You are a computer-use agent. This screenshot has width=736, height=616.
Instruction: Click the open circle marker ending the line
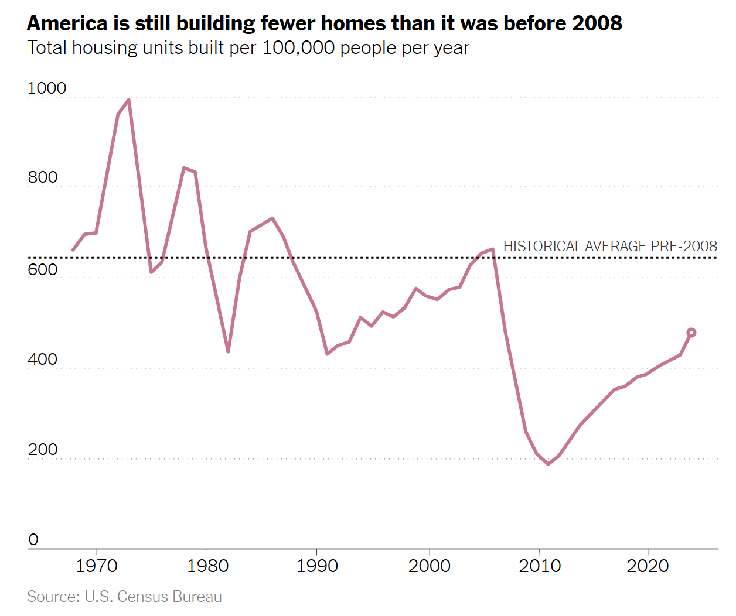point(691,333)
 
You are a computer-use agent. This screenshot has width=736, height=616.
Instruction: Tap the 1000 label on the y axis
point(47,88)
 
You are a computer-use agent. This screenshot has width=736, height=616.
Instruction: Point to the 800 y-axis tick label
point(43,177)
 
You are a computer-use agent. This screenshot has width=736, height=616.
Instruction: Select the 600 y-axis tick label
point(43,269)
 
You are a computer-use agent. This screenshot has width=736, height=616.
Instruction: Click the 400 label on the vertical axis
point(43,359)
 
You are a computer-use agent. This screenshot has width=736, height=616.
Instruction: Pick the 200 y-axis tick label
point(43,450)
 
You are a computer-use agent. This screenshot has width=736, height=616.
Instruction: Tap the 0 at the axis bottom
point(33,540)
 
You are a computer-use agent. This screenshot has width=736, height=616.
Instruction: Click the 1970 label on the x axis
point(97,566)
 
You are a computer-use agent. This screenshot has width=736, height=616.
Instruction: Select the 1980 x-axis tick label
point(207,566)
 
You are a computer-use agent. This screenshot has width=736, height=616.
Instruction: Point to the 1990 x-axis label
point(317,566)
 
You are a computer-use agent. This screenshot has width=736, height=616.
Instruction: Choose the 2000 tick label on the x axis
point(430,566)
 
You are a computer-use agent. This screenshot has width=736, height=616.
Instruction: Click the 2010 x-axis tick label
point(540,566)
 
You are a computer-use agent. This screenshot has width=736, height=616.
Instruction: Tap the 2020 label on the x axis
point(648,566)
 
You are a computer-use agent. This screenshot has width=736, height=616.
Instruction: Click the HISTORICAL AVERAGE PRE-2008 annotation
point(610,247)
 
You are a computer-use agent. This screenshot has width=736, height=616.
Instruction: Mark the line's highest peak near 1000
point(128,100)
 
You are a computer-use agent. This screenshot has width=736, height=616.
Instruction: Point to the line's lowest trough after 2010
point(548,464)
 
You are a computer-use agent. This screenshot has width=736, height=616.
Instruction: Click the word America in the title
point(67,23)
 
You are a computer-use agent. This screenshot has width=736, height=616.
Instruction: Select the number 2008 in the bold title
point(597,23)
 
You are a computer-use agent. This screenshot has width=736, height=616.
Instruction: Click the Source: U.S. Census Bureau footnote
point(124,597)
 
